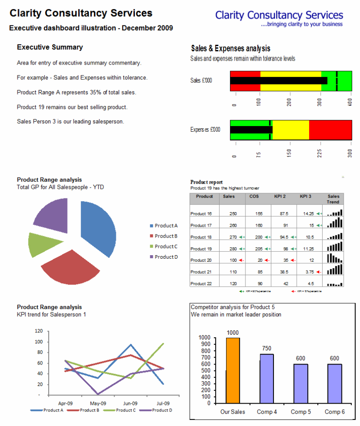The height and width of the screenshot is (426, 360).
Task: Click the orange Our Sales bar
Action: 233,370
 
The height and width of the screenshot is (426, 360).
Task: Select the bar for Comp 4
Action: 266,379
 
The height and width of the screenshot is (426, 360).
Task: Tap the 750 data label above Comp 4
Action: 266,348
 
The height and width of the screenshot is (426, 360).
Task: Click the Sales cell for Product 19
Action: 233,249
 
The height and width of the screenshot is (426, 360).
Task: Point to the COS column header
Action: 254,196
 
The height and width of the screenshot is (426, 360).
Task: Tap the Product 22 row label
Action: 201,284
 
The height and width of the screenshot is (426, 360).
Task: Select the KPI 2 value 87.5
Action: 284,214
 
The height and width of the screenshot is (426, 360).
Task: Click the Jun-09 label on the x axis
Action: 130,403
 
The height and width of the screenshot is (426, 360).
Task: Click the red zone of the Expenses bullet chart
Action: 330,130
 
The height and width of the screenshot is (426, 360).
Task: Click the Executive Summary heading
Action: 50,47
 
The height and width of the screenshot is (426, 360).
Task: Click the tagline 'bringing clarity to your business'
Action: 302,24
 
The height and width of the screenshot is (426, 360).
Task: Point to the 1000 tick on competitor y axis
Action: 205,337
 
